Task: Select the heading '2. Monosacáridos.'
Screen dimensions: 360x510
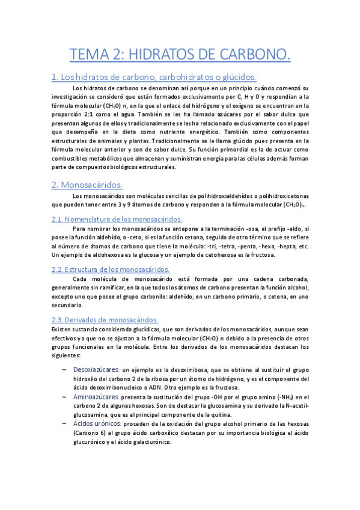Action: [86, 184]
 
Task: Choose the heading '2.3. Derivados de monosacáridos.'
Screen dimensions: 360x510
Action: [105, 320]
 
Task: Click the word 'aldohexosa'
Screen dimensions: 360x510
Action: [103, 255]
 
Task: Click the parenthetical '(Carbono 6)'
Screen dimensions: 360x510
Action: [91, 434]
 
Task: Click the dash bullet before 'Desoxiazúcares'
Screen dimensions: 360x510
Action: [64, 369]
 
